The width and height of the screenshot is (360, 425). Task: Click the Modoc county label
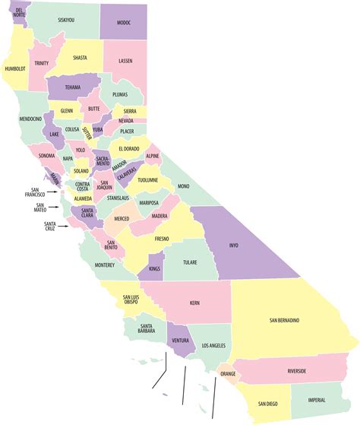[x=124, y=24]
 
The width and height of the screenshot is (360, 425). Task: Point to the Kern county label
[x=194, y=303]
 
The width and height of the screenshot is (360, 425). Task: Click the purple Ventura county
[x=180, y=341]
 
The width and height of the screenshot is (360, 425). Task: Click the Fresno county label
[x=161, y=239]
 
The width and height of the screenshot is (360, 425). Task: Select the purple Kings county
[x=154, y=269]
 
